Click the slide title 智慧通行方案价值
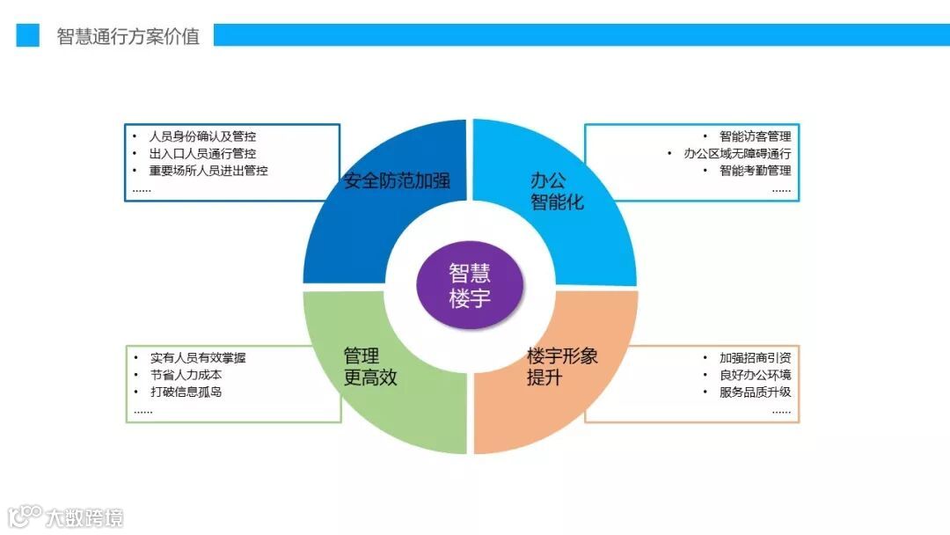click(128, 36)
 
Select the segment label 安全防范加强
click(397, 181)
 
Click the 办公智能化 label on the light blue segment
click(556, 191)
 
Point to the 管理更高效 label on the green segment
click(370, 367)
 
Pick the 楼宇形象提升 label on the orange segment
click(562, 367)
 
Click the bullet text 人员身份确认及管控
click(203, 136)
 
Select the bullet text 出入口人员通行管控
click(203, 153)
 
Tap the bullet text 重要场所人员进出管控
click(208, 171)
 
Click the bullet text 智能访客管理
click(755, 136)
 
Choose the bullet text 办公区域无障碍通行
click(737, 153)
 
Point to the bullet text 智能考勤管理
click(755, 171)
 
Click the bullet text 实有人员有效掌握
click(197, 358)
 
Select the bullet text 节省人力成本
click(186, 375)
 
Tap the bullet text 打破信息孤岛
click(186, 392)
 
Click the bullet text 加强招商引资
click(755, 358)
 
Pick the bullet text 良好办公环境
click(755, 375)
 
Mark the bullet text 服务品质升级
click(755, 392)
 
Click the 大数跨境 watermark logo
click(66, 517)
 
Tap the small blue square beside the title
click(28, 35)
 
